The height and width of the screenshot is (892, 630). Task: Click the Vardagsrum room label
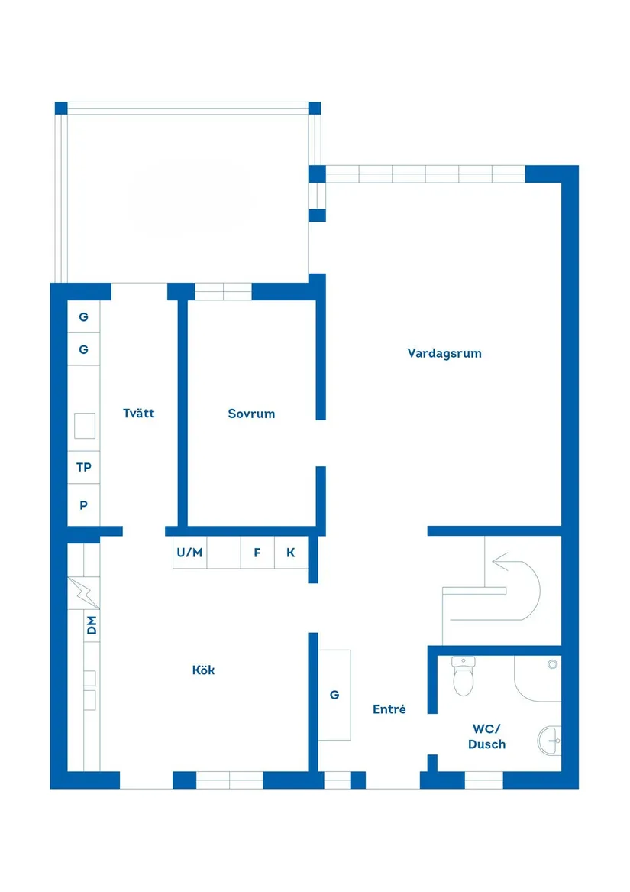pos(444,353)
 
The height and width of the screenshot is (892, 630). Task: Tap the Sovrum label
pos(251,414)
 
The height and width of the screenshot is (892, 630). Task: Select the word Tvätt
pos(139,414)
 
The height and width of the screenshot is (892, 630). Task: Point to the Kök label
pos(203,670)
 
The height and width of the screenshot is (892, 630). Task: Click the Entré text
pos(389,709)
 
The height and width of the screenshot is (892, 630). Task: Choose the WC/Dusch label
pos(486,736)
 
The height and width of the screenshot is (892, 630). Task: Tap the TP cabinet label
pos(84,467)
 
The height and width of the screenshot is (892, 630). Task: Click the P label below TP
pos(84,506)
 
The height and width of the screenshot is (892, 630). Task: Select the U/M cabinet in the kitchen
pos(189,553)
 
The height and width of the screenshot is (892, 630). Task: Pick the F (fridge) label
pos(257,553)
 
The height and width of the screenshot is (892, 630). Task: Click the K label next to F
pos(291,553)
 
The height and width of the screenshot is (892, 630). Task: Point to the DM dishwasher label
pos(92,626)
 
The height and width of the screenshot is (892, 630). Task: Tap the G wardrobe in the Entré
pos(334,695)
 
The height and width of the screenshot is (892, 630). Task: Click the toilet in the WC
pos(463,676)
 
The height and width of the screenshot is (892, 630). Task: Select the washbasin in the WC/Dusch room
pos(550,740)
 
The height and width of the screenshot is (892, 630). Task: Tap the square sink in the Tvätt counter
pos(84,427)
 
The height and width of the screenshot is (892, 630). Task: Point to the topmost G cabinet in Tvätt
pos(84,317)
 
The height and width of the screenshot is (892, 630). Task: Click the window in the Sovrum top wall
pos(223,291)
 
